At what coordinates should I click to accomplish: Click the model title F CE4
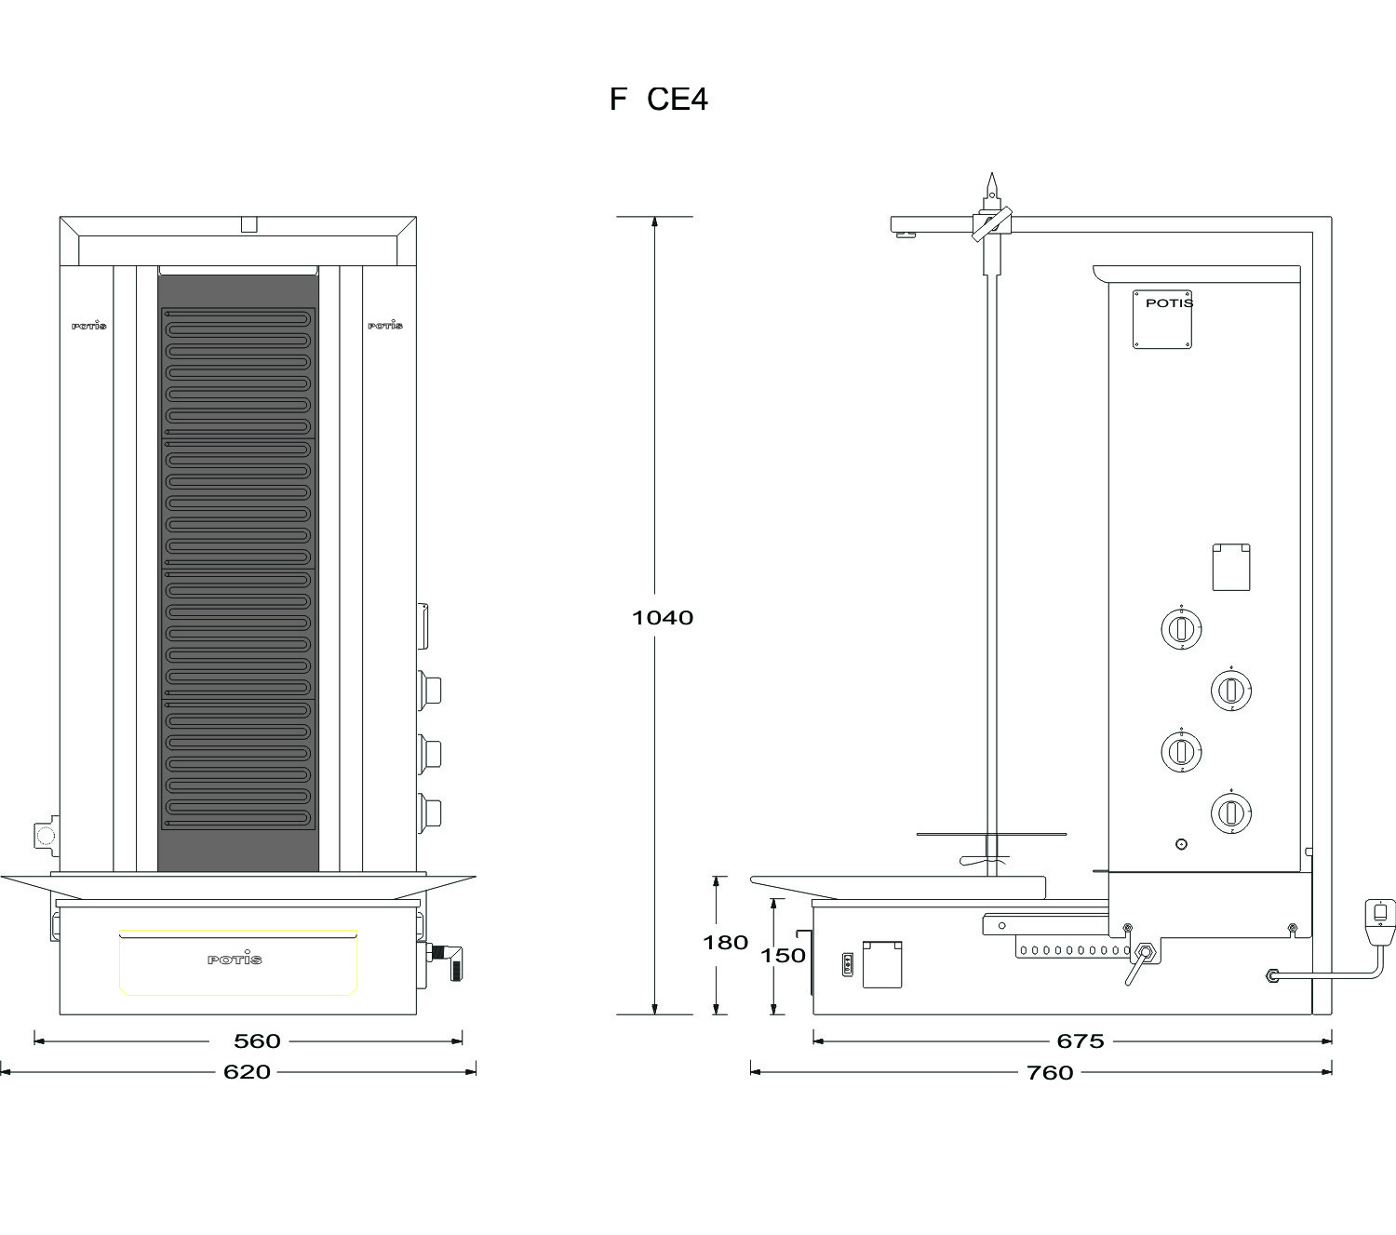coord(658,100)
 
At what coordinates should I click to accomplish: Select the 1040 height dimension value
coord(663,618)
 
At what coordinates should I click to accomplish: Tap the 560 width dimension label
coord(257,1040)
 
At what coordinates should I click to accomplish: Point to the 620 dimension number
coord(247,1071)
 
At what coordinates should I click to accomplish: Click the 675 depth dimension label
coord(1081,1040)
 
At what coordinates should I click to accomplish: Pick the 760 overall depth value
coord(1050,1072)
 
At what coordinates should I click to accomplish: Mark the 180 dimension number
coord(725,942)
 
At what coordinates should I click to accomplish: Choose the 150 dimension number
coord(782,955)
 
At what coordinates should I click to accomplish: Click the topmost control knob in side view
coord(1181,628)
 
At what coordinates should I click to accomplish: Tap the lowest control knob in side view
coord(1230,812)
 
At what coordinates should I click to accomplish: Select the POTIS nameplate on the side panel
coord(1162,319)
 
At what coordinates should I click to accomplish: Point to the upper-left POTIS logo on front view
coord(89,325)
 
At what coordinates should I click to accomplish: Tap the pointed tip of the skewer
coord(991,173)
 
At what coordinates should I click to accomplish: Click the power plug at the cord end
coord(1379,921)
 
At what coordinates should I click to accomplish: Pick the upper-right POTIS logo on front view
coord(385,325)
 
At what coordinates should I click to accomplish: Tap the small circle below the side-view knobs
coord(1181,844)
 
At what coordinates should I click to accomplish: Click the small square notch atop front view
coord(248,224)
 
